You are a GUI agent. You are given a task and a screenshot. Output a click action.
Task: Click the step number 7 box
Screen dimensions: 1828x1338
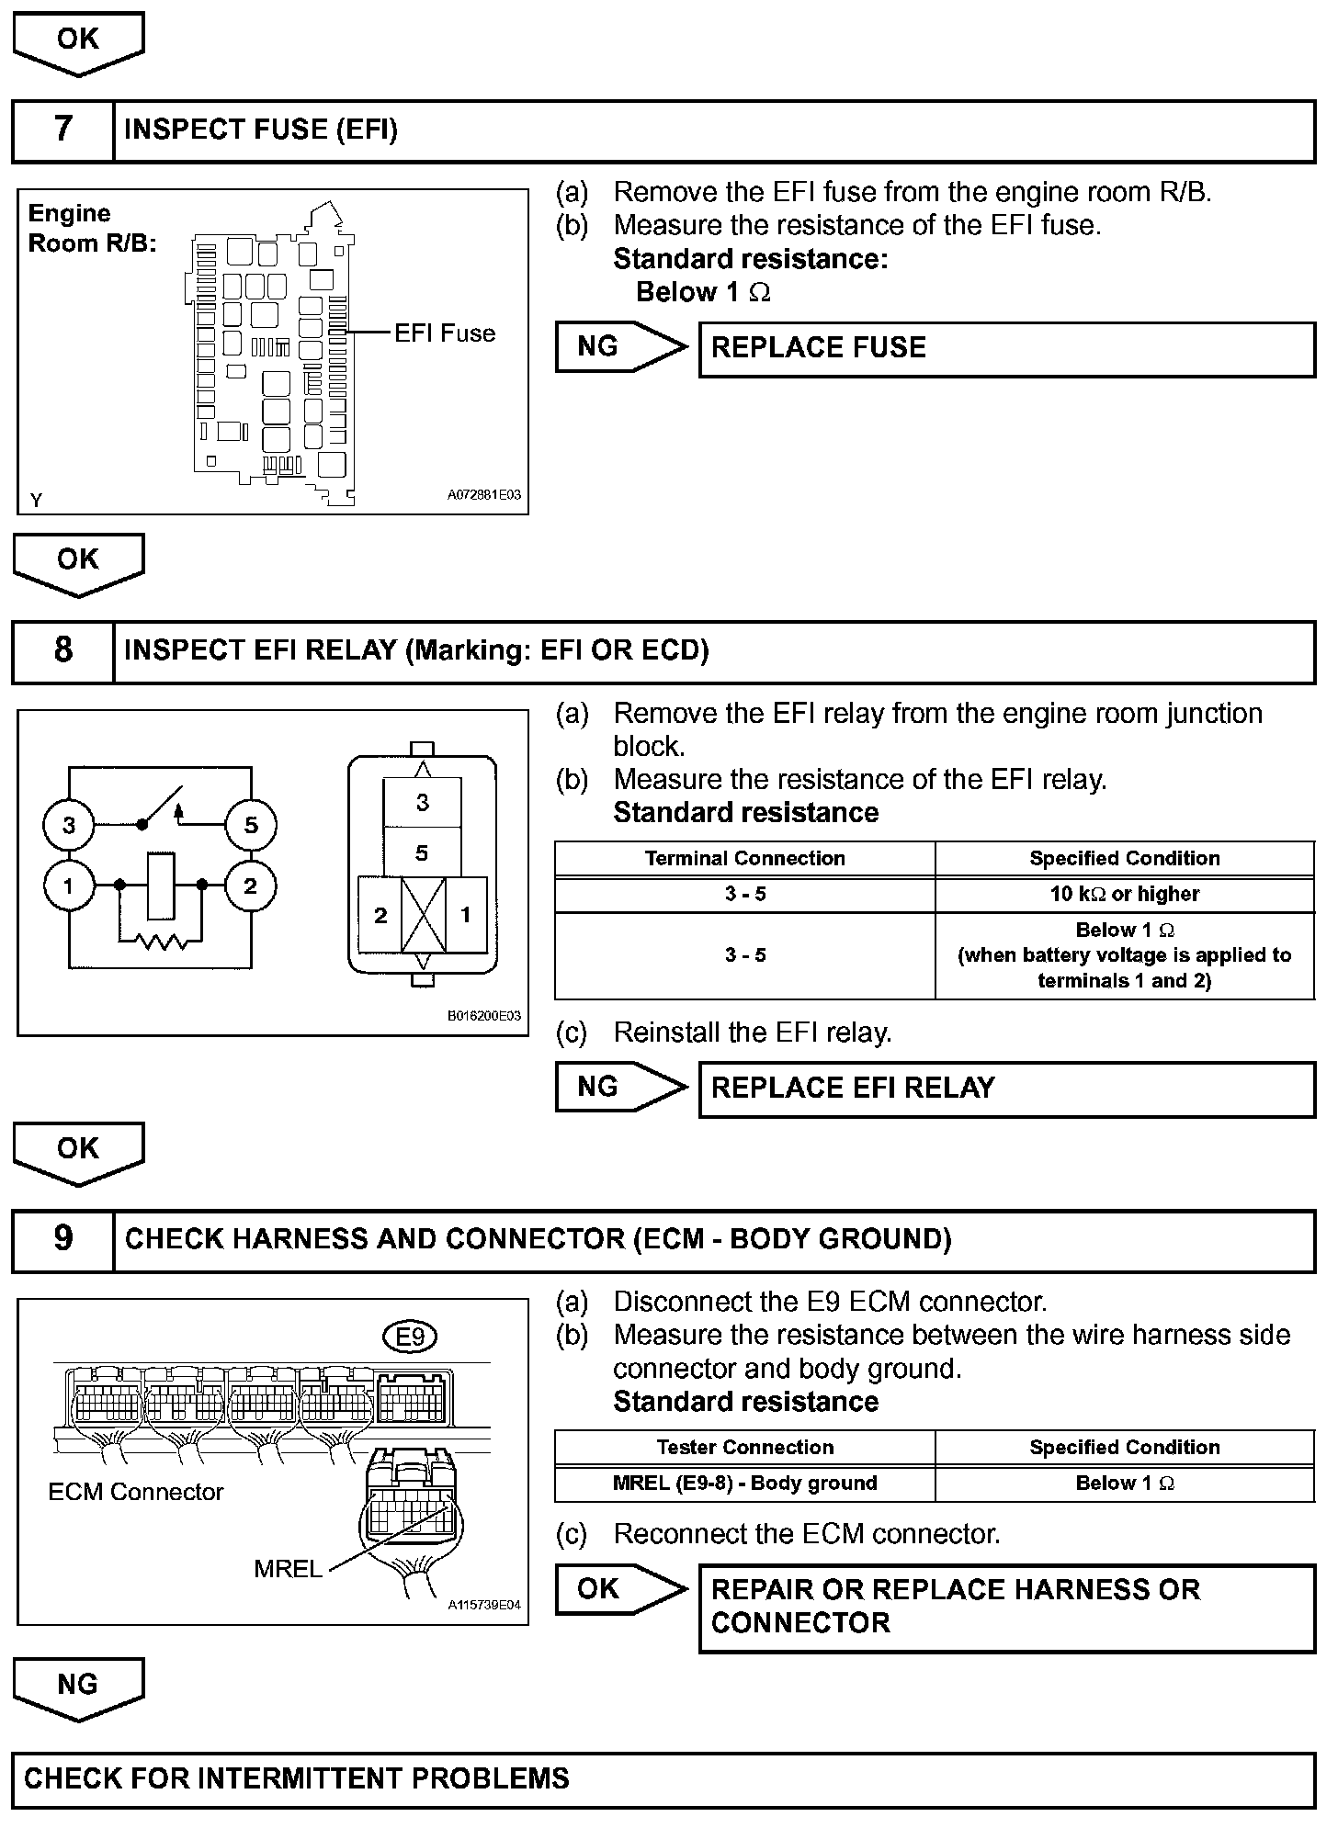62,130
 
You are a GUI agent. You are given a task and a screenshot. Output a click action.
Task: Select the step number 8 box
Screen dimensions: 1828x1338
62,651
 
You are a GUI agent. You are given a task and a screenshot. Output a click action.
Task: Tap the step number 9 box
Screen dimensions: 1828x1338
62,1240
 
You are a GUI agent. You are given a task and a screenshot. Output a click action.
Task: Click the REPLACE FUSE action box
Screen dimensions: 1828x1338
1006,349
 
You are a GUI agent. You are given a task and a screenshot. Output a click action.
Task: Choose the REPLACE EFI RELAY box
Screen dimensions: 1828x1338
1006,1089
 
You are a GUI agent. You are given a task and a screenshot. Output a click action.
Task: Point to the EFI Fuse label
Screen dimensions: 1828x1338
445,333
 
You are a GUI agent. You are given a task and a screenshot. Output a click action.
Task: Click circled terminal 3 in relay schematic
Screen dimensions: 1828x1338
69,825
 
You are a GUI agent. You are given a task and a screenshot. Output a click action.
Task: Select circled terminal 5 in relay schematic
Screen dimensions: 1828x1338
251,825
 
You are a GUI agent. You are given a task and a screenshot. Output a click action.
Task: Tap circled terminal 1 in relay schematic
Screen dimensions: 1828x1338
69,886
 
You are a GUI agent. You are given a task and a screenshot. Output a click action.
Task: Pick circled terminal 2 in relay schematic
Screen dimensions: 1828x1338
251,886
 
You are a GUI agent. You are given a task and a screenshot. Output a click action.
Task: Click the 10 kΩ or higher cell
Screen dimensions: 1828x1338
1125,894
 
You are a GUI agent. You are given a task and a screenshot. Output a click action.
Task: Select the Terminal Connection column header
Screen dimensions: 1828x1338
744,859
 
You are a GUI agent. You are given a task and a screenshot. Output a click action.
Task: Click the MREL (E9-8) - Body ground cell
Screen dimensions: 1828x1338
744,1484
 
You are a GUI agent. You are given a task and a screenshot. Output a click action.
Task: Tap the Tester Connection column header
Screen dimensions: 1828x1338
744,1448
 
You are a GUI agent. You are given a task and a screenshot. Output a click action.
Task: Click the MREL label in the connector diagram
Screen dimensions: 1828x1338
288,1569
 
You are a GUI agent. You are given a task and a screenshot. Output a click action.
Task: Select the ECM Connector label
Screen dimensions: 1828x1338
136,1492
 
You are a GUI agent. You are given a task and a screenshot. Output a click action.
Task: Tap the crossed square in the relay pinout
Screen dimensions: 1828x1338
424,915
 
